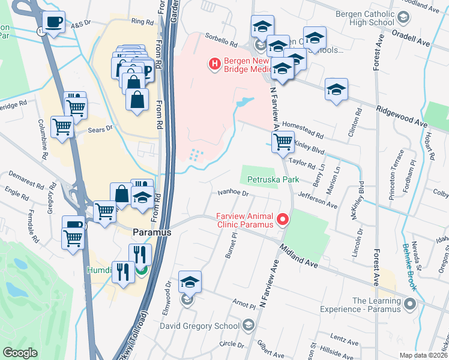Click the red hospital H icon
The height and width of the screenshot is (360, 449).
point(213,63)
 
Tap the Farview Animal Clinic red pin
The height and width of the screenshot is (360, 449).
point(282,221)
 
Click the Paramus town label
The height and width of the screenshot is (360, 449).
point(152,232)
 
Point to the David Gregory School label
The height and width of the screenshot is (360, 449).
point(200,326)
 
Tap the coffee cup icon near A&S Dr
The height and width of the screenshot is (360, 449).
point(55,22)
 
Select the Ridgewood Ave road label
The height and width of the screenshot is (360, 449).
point(402,116)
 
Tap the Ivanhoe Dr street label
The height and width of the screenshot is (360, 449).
point(233,193)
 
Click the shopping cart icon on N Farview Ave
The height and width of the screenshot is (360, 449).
point(283,142)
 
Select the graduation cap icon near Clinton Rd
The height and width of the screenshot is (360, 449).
point(336,90)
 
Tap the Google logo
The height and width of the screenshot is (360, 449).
point(20,353)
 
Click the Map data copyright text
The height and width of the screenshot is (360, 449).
point(423,355)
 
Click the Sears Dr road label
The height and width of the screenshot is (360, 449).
point(101,128)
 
